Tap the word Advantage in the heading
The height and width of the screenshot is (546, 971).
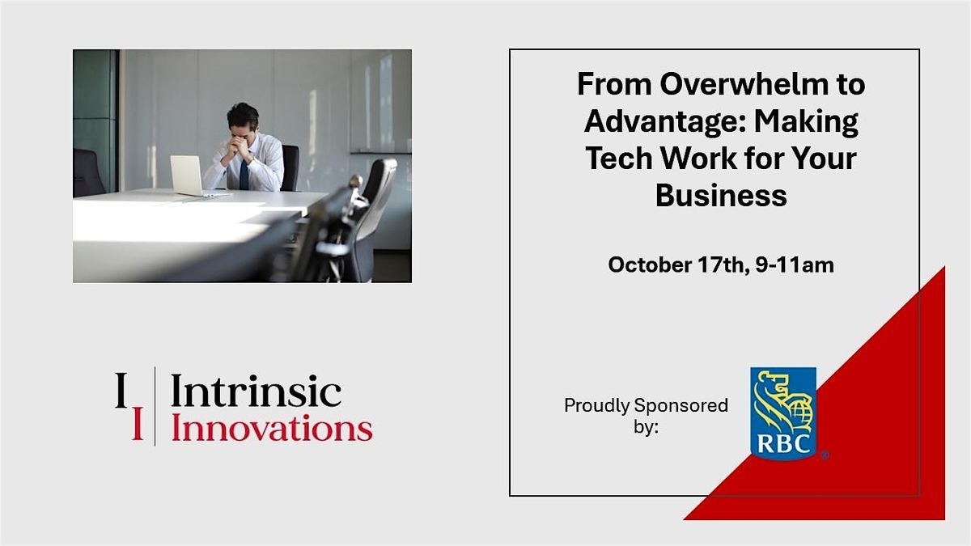(x=664, y=123)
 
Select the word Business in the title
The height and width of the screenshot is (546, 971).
(x=721, y=196)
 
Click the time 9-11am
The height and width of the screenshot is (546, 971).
(x=795, y=265)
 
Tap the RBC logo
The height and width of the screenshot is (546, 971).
(x=784, y=413)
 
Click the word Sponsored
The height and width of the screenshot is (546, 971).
(x=681, y=405)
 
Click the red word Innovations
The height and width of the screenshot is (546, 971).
(x=272, y=428)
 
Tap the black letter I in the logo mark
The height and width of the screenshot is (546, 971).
(x=121, y=390)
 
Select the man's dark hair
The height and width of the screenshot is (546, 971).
(x=243, y=114)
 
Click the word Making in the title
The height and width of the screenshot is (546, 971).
(x=806, y=123)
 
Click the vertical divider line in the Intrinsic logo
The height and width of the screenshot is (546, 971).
(x=155, y=406)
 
